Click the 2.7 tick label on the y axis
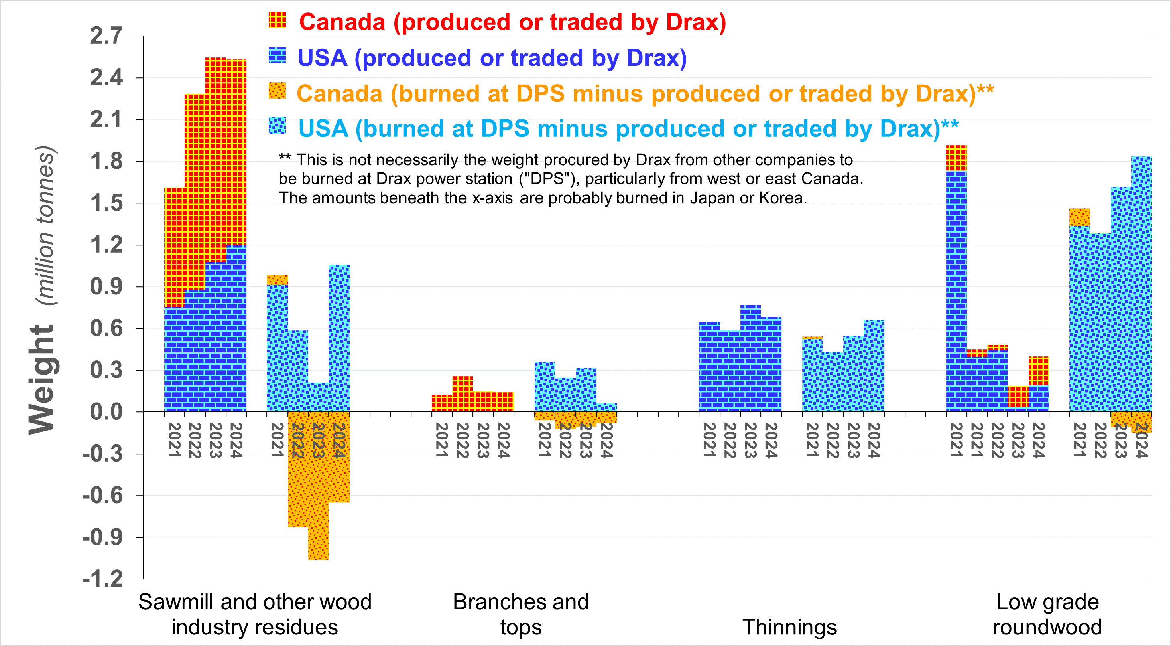(x=106, y=36)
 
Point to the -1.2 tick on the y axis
(x=103, y=579)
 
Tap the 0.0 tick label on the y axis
(x=106, y=413)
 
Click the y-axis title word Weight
(x=41, y=379)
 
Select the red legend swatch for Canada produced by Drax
(x=277, y=20)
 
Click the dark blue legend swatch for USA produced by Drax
(x=277, y=56)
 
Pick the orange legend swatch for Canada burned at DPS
(x=277, y=91)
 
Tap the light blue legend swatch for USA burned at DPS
(x=277, y=126)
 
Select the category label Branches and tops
(x=521, y=614)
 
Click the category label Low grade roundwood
(x=1047, y=614)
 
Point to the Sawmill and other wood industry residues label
(x=255, y=614)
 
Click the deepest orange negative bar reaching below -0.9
(x=318, y=500)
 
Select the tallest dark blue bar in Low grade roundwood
(x=956, y=291)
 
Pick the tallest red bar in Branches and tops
(x=463, y=393)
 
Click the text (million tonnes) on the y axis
(x=45, y=226)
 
